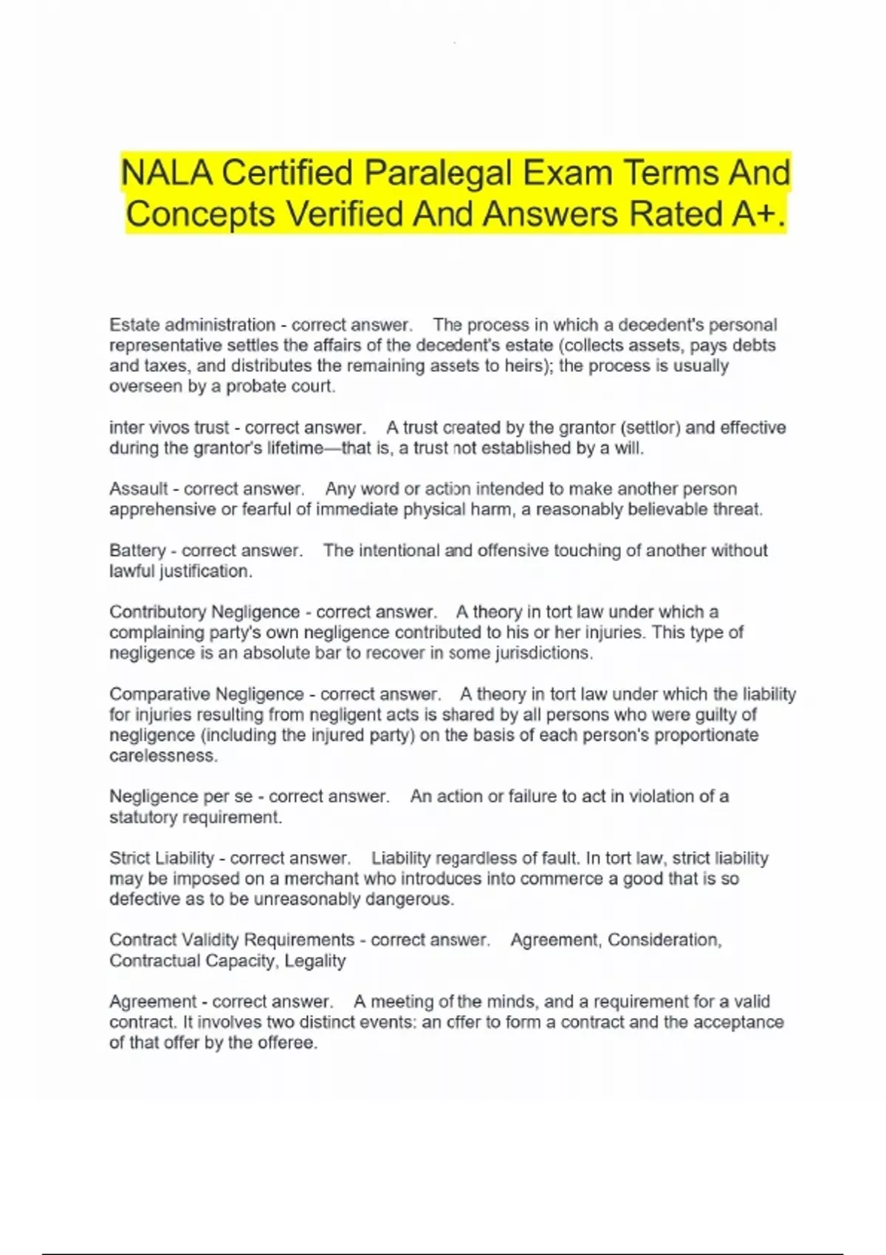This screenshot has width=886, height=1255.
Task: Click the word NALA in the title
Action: click(168, 173)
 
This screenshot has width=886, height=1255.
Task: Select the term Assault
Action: click(139, 489)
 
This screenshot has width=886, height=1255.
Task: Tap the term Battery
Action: click(137, 551)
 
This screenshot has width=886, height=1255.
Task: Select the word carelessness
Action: click(163, 756)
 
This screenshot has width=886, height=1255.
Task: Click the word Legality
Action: click(315, 960)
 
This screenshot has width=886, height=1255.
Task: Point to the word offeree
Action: click(287, 1043)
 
